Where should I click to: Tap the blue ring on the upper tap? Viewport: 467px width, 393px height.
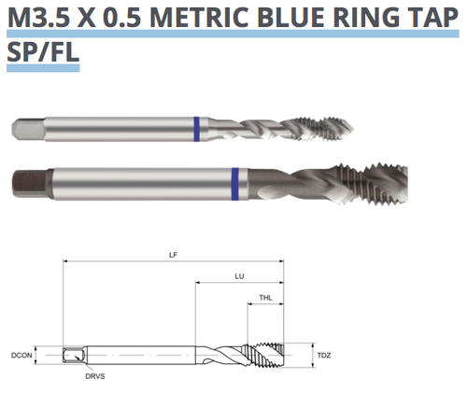195,126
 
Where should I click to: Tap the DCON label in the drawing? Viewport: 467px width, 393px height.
21,356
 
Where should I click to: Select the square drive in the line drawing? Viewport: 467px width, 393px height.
70,356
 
